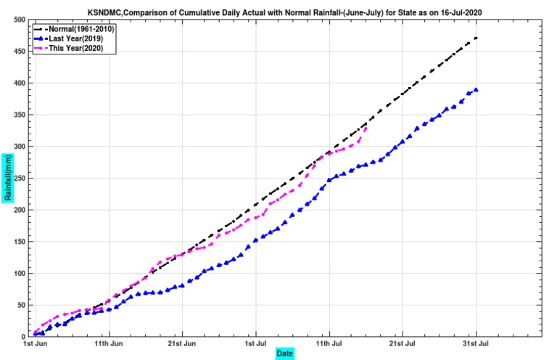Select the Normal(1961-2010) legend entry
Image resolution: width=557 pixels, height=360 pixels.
point(74,29)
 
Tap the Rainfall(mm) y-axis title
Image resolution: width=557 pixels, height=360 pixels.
point(8,178)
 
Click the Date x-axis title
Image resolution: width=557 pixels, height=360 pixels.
point(284,353)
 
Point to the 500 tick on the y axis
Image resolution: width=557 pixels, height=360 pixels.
point(20,20)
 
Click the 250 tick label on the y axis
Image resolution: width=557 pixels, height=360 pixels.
point(20,178)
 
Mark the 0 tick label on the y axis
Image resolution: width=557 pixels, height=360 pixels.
point(23,337)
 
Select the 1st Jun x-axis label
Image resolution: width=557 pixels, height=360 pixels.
point(35,343)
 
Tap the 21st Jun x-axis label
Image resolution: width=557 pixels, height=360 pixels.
point(182,343)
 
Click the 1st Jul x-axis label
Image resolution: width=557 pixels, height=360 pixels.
point(256,343)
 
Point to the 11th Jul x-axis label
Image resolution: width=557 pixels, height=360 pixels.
point(329,343)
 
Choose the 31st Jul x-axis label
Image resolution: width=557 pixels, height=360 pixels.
point(476,343)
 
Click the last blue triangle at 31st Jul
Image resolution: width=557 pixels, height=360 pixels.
point(476,90)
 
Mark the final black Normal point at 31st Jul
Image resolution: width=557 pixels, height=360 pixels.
point(476,38)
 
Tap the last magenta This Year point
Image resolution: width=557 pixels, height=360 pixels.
point(366,128)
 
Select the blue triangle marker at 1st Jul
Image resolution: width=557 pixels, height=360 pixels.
point(255,240)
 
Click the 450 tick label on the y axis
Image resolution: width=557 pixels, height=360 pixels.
point(20,52)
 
